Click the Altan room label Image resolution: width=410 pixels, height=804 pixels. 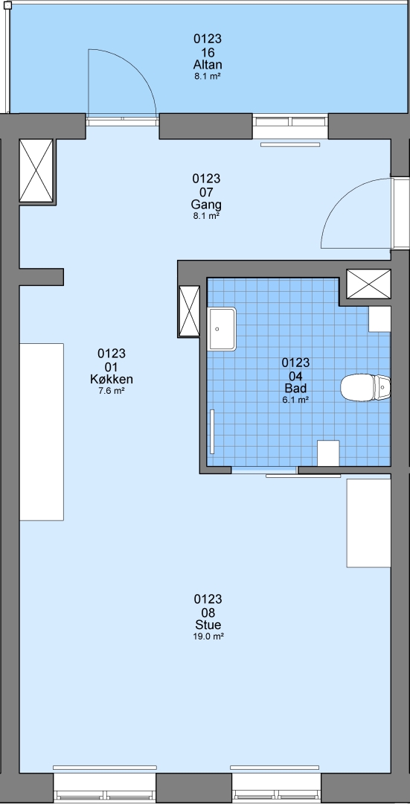click(x=208, y=65)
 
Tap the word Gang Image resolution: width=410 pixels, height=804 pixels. click(x=207, y=205)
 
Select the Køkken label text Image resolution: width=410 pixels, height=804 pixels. click(x=112, y=380)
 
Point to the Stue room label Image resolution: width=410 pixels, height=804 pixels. click(x=208, y=625)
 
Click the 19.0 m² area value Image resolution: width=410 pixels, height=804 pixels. click(x=208, y=636)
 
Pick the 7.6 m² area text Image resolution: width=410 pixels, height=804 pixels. click(x=112, y=391)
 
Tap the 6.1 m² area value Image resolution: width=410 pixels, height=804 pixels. click(x=295, y=400)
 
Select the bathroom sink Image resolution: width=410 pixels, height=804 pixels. click(x=222, y=329)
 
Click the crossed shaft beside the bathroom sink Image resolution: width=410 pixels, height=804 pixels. click(x=189, y=311)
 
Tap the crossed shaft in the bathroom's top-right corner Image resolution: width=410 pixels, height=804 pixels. click(x=369, y=284)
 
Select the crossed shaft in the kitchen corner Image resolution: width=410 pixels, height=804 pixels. click(x=36, y=170)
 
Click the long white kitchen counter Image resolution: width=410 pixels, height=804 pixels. click(x=42, y=432)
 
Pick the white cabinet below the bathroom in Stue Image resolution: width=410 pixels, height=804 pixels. click(x=369, y=523)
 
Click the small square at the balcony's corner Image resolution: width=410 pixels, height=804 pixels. click(x=7, y=6)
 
